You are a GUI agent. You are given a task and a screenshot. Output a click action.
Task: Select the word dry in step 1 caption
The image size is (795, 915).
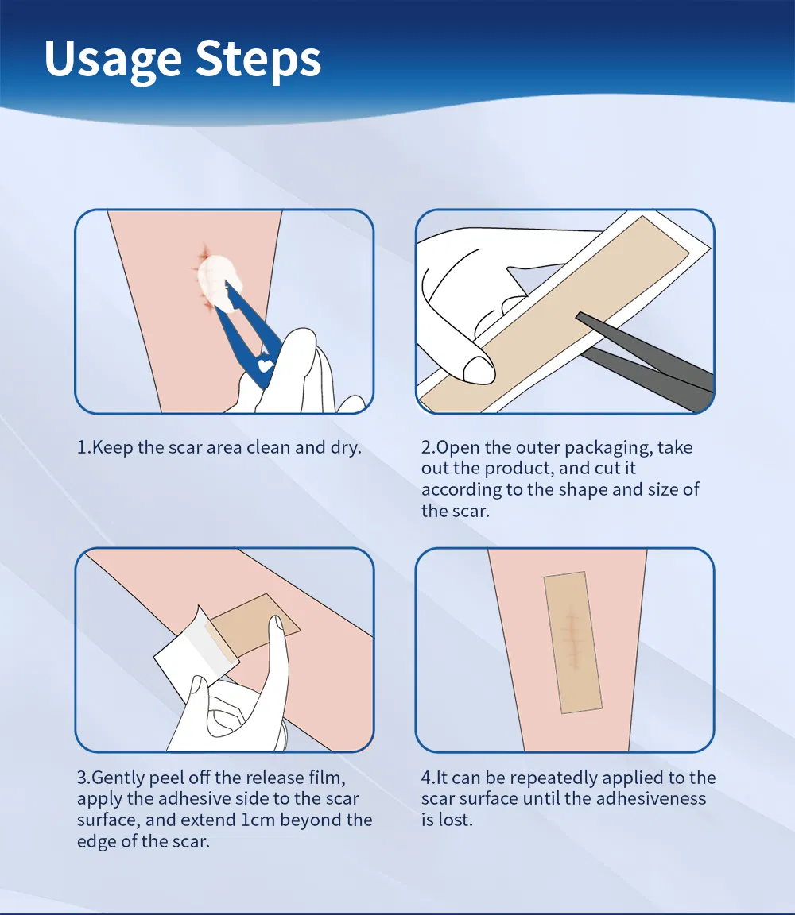[343, 447]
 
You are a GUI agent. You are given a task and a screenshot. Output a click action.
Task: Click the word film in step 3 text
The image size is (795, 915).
[328, 778]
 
